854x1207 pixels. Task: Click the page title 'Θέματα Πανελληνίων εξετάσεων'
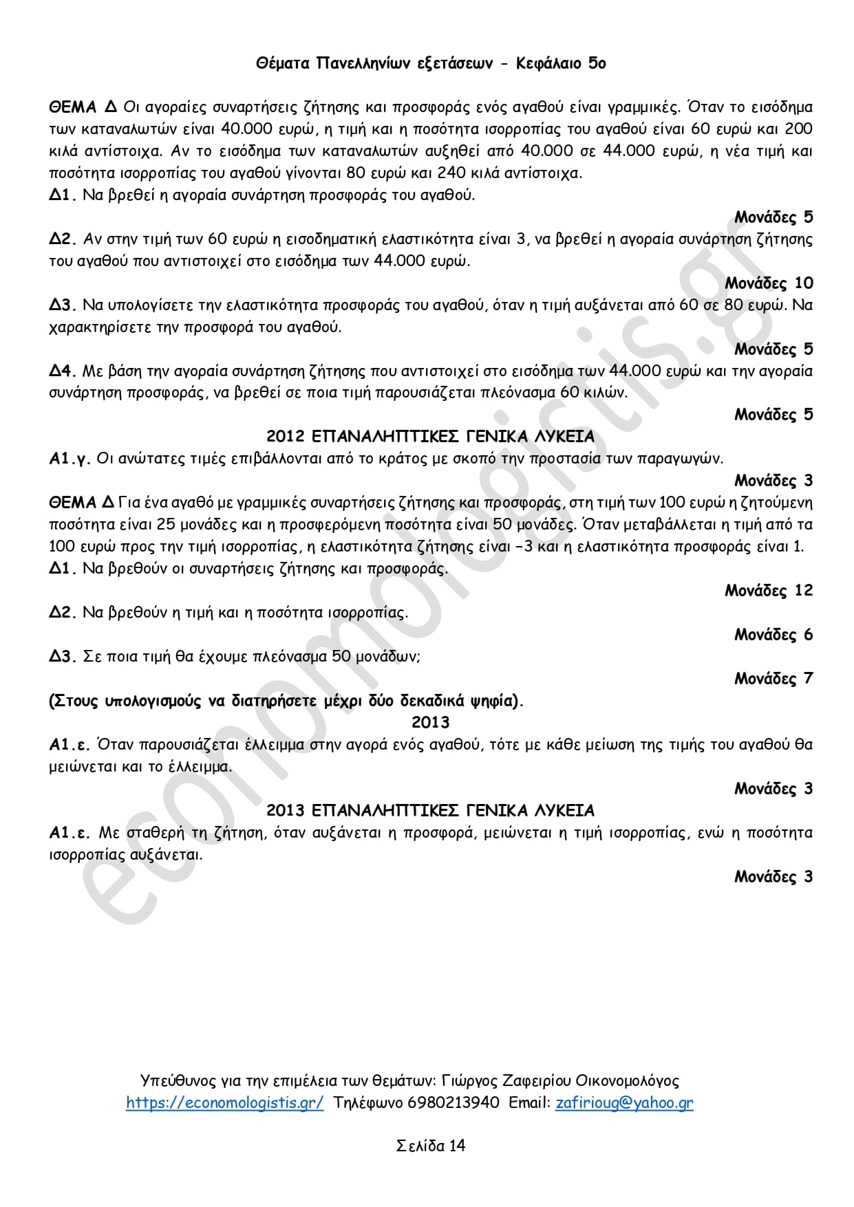point(374,63)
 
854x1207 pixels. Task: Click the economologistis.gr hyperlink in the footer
point(224,1102)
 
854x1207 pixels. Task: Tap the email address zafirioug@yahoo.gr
point(624,1102)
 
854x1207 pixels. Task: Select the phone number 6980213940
point(453,1102)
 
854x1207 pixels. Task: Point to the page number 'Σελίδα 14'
point(430,1145)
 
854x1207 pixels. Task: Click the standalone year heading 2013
point(430,722)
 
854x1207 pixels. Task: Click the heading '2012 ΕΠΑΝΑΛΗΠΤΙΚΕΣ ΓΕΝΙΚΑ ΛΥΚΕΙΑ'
point(430,436)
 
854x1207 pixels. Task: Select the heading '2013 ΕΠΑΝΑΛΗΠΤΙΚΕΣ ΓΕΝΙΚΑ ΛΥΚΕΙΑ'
point(430,810)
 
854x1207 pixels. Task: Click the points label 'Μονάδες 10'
point(769,283)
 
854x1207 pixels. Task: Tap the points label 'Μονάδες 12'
point(769,590)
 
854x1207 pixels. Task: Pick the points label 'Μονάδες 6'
point(773,634)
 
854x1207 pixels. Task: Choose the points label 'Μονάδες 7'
point(773,678)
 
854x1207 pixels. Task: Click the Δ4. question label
point(62,371)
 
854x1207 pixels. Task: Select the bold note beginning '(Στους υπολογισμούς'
point(286,701)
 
